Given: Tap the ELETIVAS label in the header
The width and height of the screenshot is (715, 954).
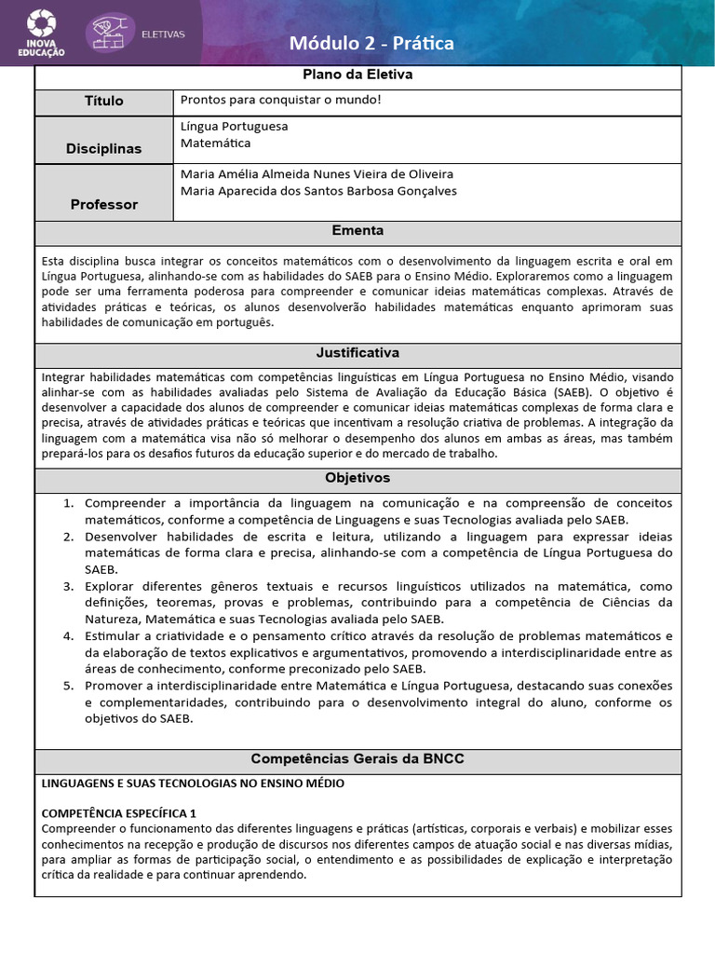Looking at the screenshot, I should (163, 34).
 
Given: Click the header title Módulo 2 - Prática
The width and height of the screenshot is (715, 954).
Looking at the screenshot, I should (371, 43).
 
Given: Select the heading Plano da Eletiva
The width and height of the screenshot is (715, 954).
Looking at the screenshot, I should (357, 75).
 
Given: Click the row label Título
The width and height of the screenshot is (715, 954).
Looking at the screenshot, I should (103, 101).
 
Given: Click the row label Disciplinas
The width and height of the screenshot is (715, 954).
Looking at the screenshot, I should (103, 148).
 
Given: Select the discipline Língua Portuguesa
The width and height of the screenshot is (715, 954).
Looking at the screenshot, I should (234, 126).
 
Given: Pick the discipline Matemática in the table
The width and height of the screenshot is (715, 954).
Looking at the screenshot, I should (215, 143).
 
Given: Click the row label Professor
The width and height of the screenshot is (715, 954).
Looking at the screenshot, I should (103, 204).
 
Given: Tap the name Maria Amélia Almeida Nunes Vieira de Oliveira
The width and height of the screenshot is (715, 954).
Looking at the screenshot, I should (304, 174).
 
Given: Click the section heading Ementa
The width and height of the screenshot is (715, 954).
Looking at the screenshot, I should (357, 230).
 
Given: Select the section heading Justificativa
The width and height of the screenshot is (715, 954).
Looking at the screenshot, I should (357, 353).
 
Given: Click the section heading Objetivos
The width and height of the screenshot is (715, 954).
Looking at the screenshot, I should (357, 478).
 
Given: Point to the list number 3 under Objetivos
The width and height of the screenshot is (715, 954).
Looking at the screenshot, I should (68, 586).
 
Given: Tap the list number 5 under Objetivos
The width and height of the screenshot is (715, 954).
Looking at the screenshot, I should (68, 686).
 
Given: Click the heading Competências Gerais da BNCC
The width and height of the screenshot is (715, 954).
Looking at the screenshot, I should (357, 759).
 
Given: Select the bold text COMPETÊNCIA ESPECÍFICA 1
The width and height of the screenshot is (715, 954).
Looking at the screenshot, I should (119, 812).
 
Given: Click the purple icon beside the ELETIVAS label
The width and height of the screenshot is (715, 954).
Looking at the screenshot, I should (110, 34).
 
